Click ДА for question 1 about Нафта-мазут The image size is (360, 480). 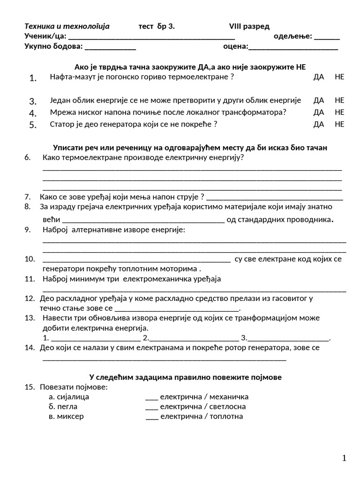(319, 77)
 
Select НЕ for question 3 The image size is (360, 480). (339, 100)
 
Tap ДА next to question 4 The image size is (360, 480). (319, 112)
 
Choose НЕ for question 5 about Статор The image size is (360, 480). (339, 124)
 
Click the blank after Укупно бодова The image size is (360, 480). (110, 47)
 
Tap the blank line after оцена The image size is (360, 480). (293, 47)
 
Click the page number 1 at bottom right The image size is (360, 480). (345, 458)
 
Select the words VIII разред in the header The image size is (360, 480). (249, 26)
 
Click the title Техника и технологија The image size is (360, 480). (67, 26)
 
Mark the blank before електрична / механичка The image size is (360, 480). (152, 397)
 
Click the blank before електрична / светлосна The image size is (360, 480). (152, 407)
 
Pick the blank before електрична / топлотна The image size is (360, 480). (152, 417)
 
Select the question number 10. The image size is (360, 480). (30, 259)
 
